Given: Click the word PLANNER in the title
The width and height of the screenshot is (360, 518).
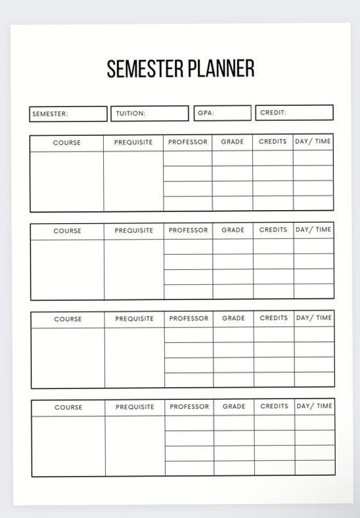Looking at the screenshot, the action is (221, 69).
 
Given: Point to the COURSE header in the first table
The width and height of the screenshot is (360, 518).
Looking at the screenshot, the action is (66, 142).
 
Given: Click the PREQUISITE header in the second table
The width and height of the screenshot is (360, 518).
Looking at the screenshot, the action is (133, 230).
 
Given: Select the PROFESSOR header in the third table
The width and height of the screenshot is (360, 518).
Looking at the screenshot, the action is (189, 318).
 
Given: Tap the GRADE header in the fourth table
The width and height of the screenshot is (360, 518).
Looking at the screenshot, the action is (233, 406).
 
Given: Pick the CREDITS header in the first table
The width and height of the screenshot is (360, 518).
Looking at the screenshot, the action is (273, 142).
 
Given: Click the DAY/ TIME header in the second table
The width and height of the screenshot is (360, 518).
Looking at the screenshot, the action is (313, 230).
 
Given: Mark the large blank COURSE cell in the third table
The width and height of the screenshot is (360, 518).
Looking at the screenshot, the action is (68, 357).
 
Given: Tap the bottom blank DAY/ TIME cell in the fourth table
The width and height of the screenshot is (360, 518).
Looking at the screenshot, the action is (315, 468).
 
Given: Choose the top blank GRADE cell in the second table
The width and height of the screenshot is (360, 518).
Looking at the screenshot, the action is (233, 246).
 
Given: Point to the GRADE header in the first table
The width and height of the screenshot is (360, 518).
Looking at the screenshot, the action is (232, 142).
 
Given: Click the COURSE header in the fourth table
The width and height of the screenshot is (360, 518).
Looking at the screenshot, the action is (68, 407).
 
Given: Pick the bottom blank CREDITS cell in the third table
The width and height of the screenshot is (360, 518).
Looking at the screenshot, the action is (273, 380).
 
